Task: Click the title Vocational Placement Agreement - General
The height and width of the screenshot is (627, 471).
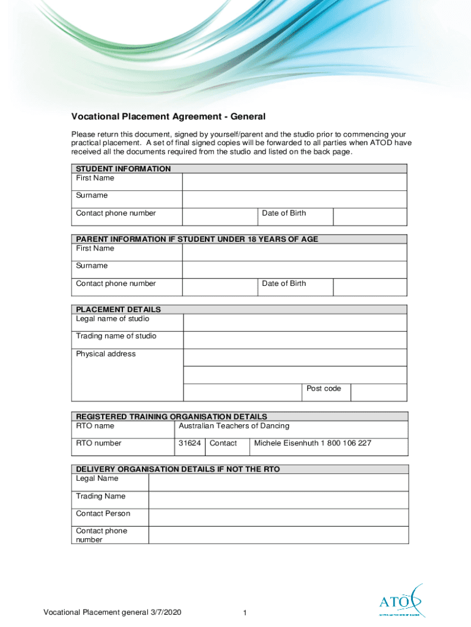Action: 169,116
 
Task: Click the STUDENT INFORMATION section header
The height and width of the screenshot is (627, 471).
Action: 123,168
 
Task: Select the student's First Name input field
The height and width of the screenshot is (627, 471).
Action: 294,182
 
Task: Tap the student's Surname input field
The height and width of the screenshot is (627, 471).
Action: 294,199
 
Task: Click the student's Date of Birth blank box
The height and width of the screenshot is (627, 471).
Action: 369,217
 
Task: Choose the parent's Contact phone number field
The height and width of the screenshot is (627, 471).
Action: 220,287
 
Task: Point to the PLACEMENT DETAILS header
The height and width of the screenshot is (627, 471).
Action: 118,309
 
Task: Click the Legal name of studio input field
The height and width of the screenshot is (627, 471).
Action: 295,323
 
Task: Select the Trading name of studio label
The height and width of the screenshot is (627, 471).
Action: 116,336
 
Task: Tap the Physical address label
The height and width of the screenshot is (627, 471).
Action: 106,354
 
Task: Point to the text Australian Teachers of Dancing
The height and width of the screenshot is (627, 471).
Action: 234,426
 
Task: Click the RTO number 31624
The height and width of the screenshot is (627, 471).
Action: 190,443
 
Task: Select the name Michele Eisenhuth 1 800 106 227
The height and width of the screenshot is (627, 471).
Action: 313,443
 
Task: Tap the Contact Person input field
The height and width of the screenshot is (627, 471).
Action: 278,517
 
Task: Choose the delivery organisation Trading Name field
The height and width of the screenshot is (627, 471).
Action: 278,500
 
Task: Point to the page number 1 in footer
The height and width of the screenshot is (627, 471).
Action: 244,614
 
